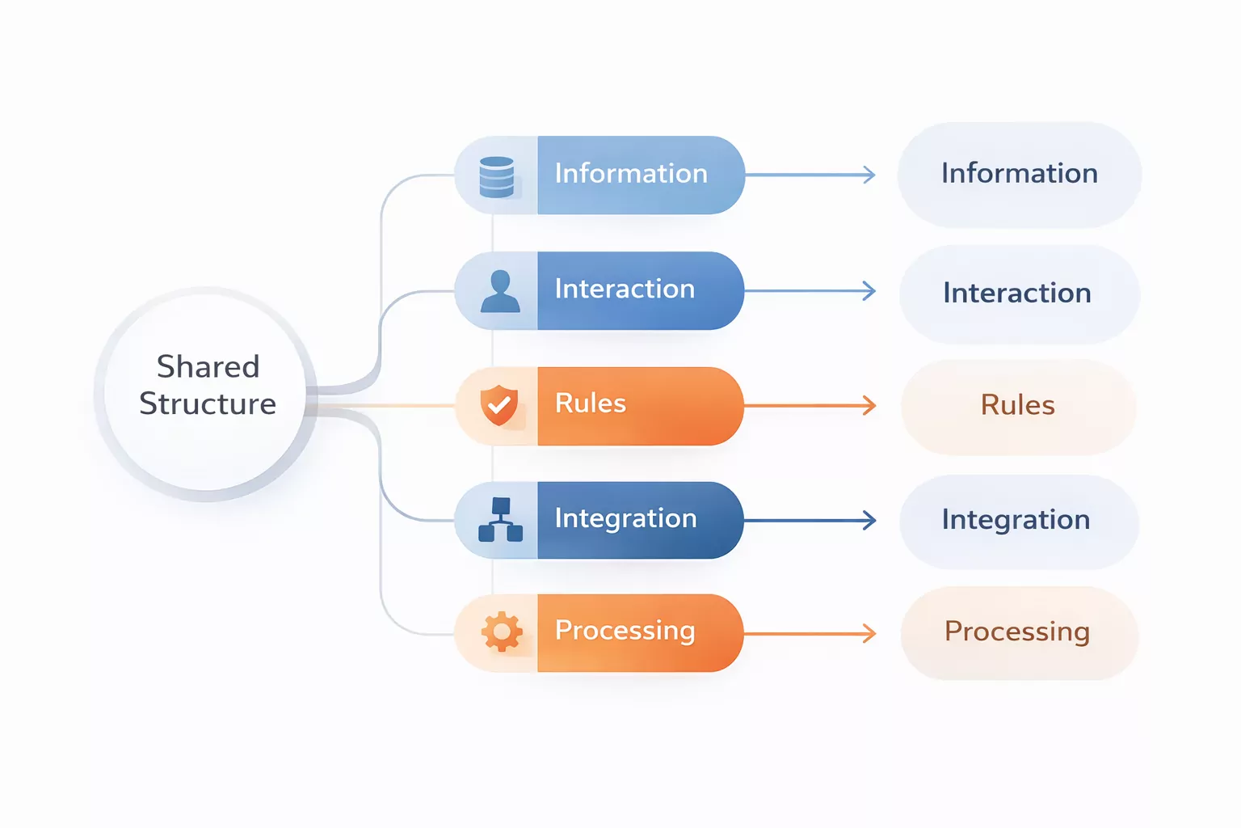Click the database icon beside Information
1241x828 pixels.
(x=496, y=177)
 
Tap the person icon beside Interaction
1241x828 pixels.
(x=500, y=291)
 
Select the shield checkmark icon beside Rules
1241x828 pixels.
(x=499, y=405)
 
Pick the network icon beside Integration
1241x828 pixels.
(x=500, y=519)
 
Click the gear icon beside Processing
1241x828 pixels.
(x=502, y=632)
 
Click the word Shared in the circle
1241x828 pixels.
(x=208, y=366)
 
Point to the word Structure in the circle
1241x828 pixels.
(x=208, y=403)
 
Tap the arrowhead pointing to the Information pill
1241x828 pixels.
(x=869, y=175)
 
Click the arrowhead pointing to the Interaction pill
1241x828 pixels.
(x=869, y=291)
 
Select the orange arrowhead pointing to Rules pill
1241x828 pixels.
(x=869, y=405)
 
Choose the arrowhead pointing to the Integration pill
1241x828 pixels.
(x=869, y=520)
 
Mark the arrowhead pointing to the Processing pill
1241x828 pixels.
(x=869, y=633)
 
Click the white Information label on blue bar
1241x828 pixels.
(x=631, y=173)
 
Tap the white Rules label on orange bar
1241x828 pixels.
(x=591, y=403)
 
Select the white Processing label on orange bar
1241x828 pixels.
(x=625, y=630)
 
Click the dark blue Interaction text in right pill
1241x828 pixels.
(x=1017, y=293)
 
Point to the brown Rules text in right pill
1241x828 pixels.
(x=1017, y=405)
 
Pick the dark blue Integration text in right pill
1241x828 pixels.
(x=1016, y=519)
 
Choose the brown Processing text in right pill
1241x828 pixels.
(x=1017, y=632)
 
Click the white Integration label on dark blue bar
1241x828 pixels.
(x=625, y=518)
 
